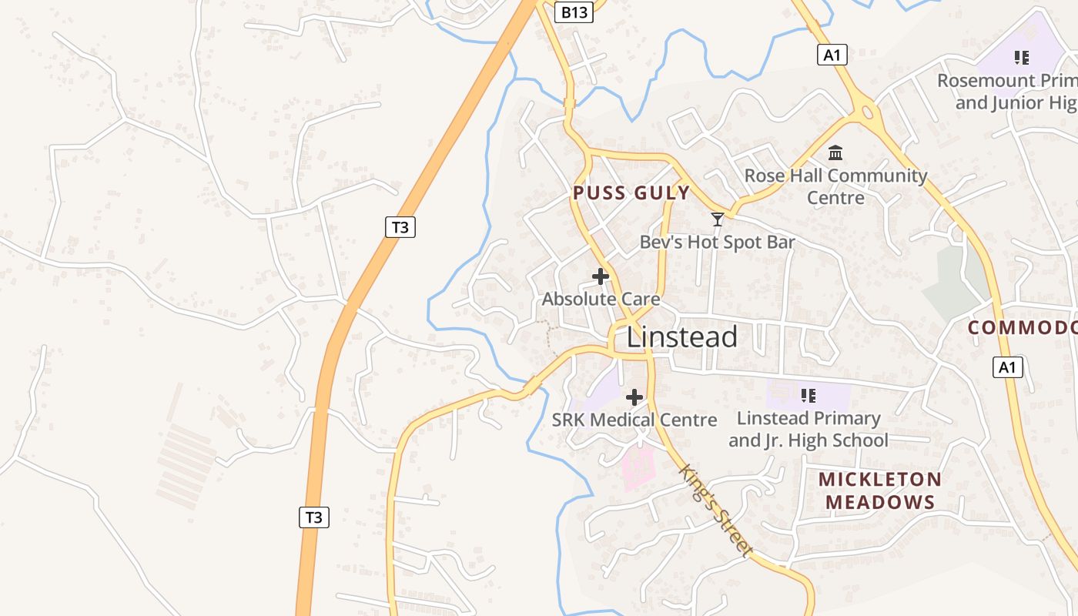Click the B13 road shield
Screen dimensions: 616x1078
coord(574,12)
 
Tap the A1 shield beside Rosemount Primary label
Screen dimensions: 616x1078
coord(832,55)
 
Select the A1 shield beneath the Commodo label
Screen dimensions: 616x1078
coord(1007,367)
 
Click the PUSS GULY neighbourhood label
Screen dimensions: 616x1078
coord(631,192)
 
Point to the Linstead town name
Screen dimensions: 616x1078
coord(681,337)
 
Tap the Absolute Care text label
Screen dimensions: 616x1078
coord(601,299)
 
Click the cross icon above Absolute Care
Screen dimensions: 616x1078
coord(601,276)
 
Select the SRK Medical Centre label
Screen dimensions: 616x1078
coord(634,420)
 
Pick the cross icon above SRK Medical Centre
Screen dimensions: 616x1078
coord(634,397)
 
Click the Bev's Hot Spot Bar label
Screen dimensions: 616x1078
coord(717,242)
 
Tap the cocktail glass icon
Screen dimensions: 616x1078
coord(717,219)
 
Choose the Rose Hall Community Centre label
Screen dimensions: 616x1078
coord(835,186)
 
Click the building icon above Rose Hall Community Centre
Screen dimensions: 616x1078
coord(835,152)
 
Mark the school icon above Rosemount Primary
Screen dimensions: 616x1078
coord(1022,57)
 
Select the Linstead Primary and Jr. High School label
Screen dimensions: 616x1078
coord(808,429)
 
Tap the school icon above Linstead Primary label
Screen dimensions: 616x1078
coord(808,396)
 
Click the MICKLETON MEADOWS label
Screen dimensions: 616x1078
coord(880,490)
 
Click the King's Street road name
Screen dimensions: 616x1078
coord(715,510)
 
